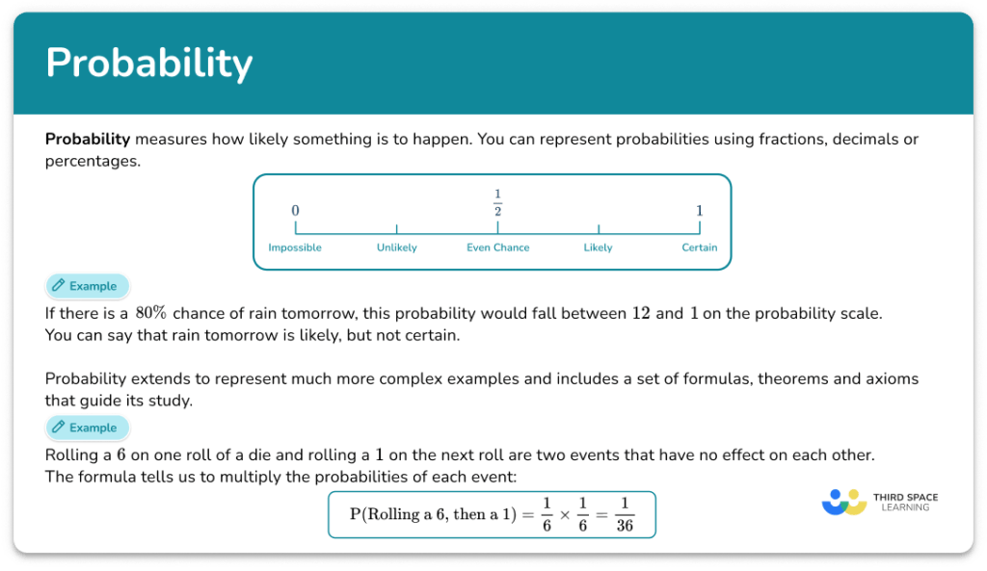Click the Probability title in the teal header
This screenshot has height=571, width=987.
148,64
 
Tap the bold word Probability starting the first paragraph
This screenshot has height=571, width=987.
88,139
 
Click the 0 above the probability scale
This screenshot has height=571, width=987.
295,211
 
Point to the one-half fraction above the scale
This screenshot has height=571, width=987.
497,203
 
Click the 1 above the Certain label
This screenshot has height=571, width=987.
700,211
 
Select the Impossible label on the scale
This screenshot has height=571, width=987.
295,247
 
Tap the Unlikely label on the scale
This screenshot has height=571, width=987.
396,247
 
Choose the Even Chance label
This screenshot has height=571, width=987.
497,247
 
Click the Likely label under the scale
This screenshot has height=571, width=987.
598,247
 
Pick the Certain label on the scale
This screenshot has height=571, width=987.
700,247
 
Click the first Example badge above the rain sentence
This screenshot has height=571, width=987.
87,286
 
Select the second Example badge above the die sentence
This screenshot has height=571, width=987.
87,428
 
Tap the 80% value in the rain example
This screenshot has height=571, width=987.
151,313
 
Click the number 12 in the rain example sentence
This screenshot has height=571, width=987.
641,313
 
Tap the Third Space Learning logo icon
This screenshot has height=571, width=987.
844,502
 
